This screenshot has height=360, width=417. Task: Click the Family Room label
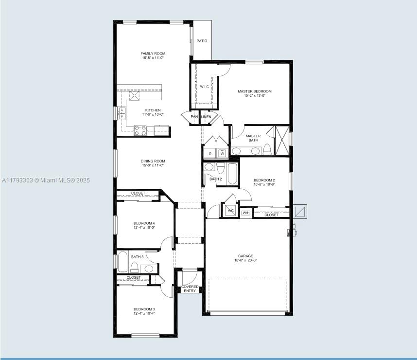click(153, 54)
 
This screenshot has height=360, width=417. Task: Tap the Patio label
click(202, 41)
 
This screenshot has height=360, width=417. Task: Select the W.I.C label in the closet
click(204, 87)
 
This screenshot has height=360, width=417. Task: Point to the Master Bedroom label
click(254, 91)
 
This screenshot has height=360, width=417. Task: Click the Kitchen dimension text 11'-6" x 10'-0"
click(153, 115)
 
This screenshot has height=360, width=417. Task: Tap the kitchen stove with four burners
click(140, 130)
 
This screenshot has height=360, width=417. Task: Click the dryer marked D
click(210, 153)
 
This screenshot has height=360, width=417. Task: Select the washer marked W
click(222, 153)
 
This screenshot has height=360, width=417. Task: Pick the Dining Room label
click(153, 161)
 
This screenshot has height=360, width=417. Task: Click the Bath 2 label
click(215, 179)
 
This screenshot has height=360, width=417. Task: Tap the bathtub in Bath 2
click(232, 174)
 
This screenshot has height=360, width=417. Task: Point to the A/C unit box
click(230, 211)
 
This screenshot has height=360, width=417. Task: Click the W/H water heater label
click(246, 213)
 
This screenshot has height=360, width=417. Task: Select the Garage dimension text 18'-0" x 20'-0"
click(245, 260)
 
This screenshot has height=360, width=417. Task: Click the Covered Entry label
click(190, 289)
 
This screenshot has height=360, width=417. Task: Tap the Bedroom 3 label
click(144, 309)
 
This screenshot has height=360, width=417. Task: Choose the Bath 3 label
click(137, 257)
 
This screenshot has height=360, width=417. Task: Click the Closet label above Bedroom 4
click(138, 194)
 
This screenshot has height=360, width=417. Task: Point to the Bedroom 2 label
click(264, 180)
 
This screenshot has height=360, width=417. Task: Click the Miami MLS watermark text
click(46, 180)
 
